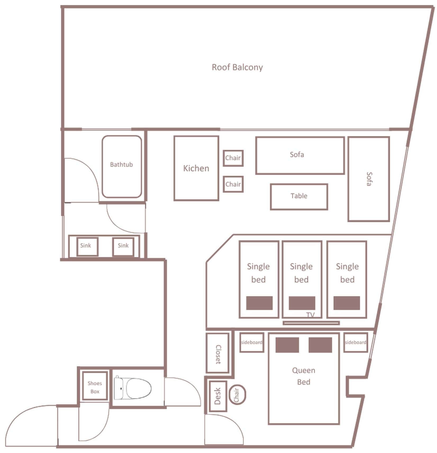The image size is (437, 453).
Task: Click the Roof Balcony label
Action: click(237, 67)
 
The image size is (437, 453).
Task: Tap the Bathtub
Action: click(122, 167)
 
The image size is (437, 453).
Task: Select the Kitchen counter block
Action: click(196, 168)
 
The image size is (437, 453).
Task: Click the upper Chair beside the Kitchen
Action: click(233, 158)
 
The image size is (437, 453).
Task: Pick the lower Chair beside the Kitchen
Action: click(233, 184)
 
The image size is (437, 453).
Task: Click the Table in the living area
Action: click(299, 197)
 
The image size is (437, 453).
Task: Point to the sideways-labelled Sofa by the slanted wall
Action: click(368, 179)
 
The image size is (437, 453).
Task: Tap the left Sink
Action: click(87, 246)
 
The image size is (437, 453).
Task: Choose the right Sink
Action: click(123, 246)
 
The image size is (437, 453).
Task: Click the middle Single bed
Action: click(302, 279)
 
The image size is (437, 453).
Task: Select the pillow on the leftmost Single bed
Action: click(259, 303)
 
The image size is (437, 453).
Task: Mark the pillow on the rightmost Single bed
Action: click(347, 303)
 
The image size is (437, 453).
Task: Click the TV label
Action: click(311, 315)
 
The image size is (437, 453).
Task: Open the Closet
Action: click(217, 353)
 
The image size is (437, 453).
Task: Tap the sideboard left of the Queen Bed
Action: click(252, 342)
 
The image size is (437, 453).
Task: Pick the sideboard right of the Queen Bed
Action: click(356, 342)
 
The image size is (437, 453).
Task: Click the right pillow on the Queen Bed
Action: click(320, 345)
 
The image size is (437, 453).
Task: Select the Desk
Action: click(218, 396)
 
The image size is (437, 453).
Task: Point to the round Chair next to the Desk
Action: click(237, 395)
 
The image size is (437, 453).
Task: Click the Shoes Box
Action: click(95, 386)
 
